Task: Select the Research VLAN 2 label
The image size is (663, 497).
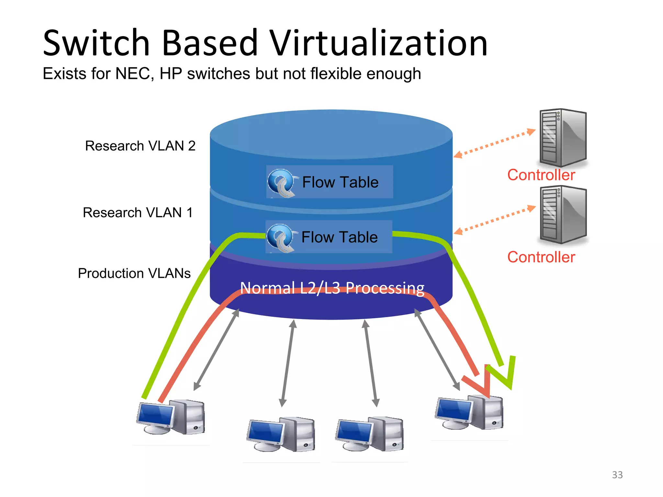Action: tap(140, 146)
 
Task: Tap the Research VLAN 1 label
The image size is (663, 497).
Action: tap(138, 213)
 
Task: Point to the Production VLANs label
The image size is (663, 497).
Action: tap(134, 273)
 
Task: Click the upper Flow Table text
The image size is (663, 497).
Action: tap(340, 182)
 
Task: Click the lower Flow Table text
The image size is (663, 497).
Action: tap(340, 237)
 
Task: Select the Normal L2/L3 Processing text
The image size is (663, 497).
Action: tap(332, 288)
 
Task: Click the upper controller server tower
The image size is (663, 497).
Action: tap(563, 138)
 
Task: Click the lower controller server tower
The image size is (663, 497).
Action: tap(563, 215)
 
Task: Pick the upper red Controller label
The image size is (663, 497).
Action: tap(541, 175)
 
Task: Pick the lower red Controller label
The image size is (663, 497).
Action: tap(541, 257)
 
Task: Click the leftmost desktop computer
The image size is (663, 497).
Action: tap(171, 417)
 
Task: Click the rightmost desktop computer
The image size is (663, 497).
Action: tap(469, 413)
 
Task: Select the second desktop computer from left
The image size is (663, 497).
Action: tap(281, 435)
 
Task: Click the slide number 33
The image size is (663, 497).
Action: tap(617, 475)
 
